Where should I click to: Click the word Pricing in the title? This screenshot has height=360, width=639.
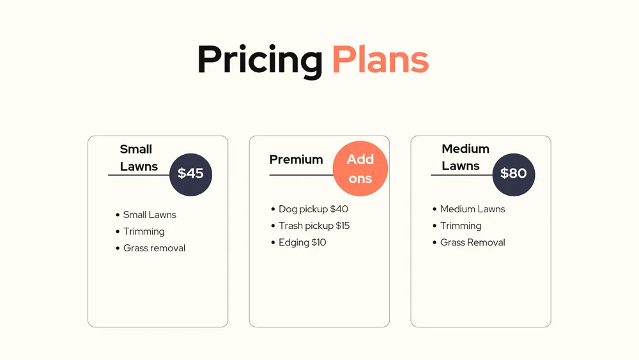(260, 60)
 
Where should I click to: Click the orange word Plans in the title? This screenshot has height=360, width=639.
(381, 59)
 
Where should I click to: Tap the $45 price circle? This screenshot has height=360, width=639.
(190, 175)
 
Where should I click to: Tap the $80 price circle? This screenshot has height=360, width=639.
(514, 175)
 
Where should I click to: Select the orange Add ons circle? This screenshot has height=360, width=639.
(360, 168)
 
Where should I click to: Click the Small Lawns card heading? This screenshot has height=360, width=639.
(139, 158)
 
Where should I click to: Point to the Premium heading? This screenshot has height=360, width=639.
(296, 159)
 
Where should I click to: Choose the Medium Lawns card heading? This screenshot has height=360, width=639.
(465, 157)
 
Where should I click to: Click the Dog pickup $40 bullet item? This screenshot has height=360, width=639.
(313, 209)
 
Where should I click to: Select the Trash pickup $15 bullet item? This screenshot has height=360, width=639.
(314, 226)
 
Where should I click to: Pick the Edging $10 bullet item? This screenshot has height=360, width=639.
(302, 242)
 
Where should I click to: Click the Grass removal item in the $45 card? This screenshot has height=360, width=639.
(154, 248)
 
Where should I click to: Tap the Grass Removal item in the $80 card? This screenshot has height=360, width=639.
(473, 242)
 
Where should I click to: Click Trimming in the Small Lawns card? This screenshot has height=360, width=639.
(144, 231)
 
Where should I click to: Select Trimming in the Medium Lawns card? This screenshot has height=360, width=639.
(461, 226)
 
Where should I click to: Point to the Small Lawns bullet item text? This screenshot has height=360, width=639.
(150, 215)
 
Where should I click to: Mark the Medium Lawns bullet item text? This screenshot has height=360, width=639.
(473, 209)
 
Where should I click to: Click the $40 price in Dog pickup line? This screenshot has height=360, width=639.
(339, 209)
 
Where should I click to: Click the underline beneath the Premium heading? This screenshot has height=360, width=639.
(302, 175)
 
